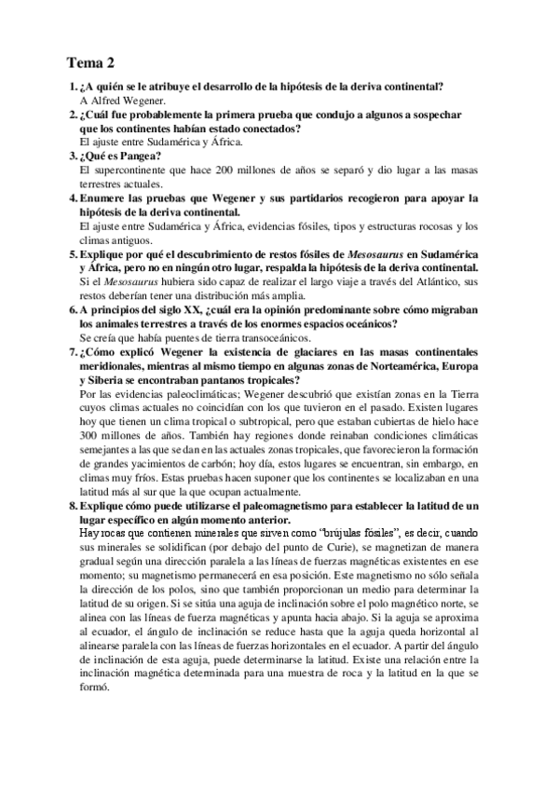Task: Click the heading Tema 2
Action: pyautogui.click(x=90, y=64)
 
